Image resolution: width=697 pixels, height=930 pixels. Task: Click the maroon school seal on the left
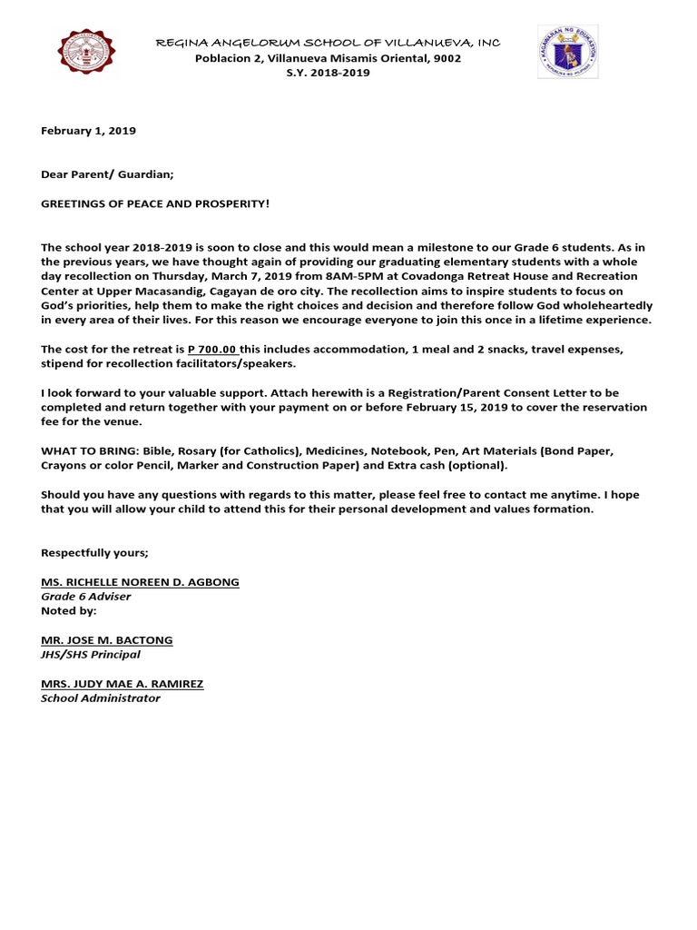pos(87,54)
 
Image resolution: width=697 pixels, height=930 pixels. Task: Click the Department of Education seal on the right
pos(567,52)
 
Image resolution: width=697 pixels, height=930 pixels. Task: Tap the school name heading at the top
pos(328,43)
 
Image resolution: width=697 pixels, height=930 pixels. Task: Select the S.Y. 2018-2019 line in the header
pos(328,73)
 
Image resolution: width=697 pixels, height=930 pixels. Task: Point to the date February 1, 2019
pos(88,131)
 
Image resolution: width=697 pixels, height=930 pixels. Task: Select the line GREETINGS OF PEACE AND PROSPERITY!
pos(155,203)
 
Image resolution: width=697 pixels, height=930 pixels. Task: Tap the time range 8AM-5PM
pos(351,276)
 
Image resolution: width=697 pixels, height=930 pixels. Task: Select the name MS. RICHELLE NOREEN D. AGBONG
pos(140,581)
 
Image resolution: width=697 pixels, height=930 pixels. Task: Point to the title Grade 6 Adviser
pos(86,597)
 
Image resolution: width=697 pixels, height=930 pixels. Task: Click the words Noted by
pos(69,610)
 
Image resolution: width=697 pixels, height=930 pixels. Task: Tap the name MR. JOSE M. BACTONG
pos(106,639)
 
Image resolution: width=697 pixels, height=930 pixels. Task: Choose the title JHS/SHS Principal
pos(91,654)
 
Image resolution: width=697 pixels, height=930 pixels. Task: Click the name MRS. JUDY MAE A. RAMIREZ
pos(122,683)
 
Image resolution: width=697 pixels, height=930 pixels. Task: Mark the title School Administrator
pos(101,697)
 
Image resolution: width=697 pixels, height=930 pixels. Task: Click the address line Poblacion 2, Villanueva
pos(328,58)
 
